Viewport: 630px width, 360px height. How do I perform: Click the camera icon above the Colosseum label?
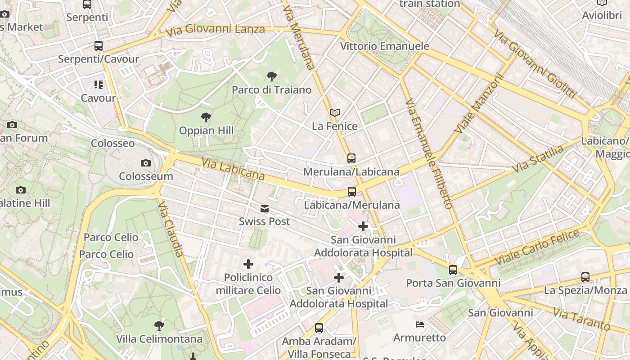pyautogui.click(x=145, y=163)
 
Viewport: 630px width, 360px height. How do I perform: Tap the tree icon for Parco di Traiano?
pyautogui.click(x=271, y=76)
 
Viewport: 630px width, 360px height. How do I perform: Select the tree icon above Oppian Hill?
pyautogui.click(x=206, y=117)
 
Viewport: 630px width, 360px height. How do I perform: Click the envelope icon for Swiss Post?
pyautogui.click(x=265, y=209)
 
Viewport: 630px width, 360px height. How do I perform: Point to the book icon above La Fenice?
pyautogui.click(x=334, y=112)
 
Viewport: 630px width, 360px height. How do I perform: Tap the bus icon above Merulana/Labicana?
pyautogui.click(x=351, y=158)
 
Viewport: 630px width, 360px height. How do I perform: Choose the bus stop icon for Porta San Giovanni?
pyautogui.click(x=453, y=270)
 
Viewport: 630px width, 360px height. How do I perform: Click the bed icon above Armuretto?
pyautogui.click(x=419, y=324)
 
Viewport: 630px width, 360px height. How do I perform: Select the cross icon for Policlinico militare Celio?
pyautogui.click(x=248, y=264)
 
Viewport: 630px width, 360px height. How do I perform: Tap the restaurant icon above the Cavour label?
pyautogui.click(x=99, y=85)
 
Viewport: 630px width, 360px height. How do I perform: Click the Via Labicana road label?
pyautogui.click(x=233, y=169)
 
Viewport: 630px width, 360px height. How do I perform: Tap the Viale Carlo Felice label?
pyautogui.click(x=537, y=247)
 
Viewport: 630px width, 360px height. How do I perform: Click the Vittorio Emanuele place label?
pyautogui.click(x=384, y=46)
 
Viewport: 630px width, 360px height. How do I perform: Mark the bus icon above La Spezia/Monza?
pyautogui.click(x=585, y=277)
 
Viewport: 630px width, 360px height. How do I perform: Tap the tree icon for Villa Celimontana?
pyautogui.click(x=158, y=325)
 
